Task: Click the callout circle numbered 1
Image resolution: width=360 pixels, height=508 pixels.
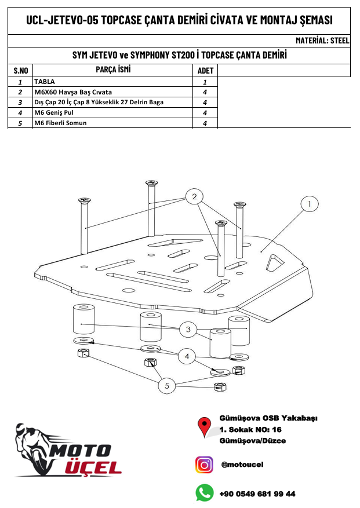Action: coord(310,204)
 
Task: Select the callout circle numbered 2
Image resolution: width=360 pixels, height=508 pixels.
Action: coord(195,197)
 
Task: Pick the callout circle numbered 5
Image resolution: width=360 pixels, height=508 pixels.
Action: coord(167,385)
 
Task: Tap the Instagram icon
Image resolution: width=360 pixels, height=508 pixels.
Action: coord(204,465)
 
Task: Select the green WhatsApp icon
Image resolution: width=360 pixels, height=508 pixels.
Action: coord(204,493)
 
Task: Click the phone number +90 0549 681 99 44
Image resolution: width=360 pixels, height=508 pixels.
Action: coord(257,494)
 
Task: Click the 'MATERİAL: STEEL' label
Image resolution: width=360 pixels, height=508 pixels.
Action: coord(322,41)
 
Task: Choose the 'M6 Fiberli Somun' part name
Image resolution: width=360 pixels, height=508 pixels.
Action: coord(60,123)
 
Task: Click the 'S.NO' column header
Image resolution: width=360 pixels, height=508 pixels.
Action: coord(21,71)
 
